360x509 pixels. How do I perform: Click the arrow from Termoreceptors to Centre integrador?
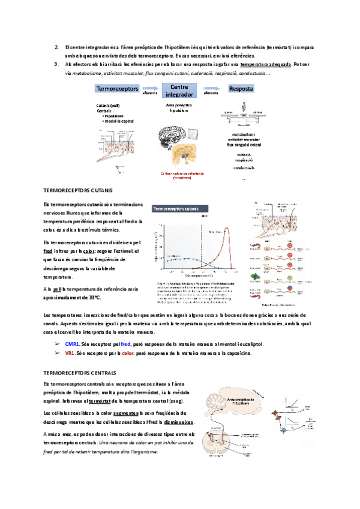[x=149, y=89]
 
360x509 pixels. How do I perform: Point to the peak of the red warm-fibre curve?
[x=228, y=229]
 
